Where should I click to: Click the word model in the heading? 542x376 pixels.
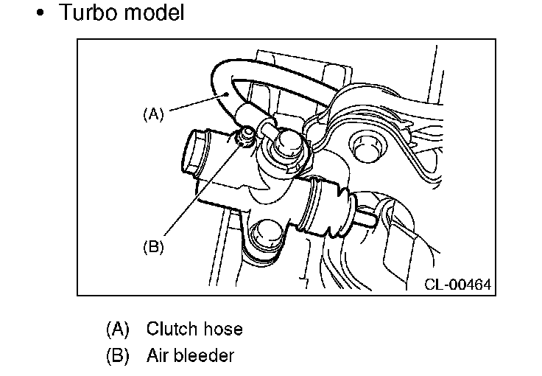[154, 12]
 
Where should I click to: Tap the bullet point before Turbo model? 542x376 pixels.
[41, 13]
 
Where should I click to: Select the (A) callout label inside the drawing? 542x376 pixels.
[153, 114]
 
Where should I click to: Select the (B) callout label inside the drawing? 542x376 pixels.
[153, 247]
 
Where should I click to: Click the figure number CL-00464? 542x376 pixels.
[457, 285]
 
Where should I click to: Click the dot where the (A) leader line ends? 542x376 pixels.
[227, 94]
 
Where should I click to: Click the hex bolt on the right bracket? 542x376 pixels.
[367, 147]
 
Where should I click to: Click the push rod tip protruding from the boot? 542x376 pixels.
[367, 216]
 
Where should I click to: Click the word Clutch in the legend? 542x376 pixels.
[172, 329]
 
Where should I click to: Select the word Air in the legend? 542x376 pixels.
[157, 355]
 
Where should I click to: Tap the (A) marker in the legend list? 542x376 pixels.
[118, 329]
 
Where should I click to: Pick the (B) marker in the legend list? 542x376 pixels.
[118, 356]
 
